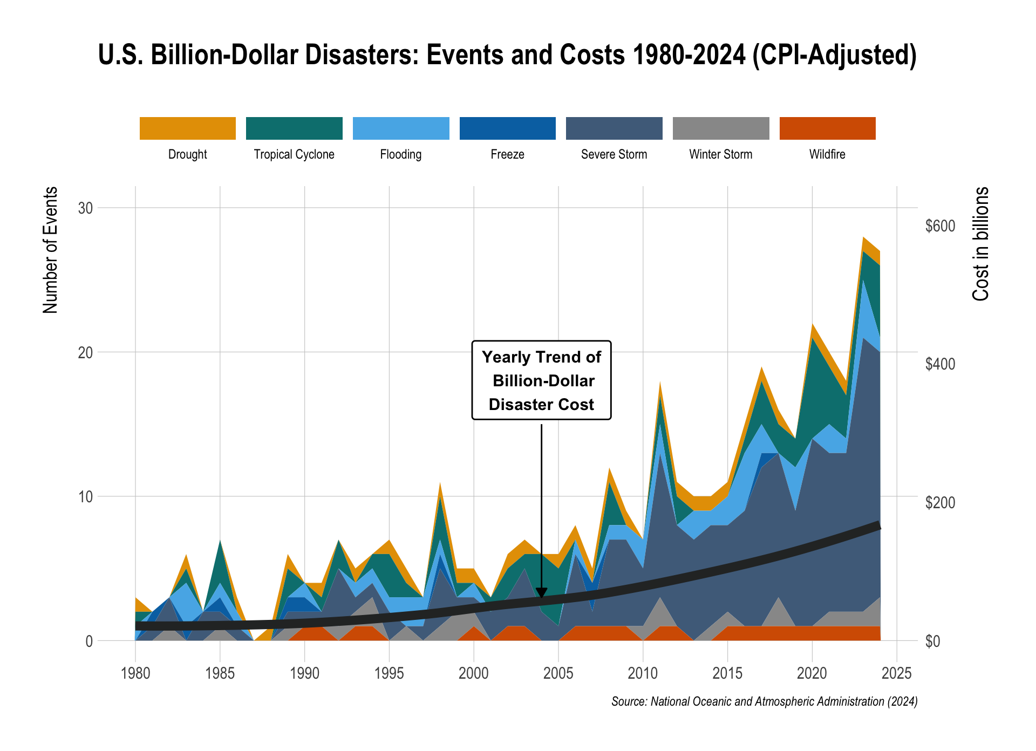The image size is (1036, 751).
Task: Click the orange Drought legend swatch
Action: pos(187,128)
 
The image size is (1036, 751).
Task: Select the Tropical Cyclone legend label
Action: pos(294,155)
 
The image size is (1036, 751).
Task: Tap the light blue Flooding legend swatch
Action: pos(400,128)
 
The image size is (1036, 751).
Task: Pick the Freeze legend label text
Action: pos(507,155)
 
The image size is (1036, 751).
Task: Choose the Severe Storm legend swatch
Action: pos(614,128)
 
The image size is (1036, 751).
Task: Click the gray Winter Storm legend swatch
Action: pos(721,128)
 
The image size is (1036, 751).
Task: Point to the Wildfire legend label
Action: pos(827,155)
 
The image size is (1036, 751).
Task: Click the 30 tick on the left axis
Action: pos(85,208)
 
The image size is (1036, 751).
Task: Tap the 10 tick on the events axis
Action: pos(85,497)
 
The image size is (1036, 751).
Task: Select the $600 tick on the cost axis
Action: pos(940,226)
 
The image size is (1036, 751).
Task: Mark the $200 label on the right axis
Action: pos(940,503)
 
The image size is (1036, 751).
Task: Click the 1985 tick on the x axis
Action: pos(220,673)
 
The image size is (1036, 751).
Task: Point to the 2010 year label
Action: pos(643,673)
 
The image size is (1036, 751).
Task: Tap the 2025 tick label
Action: pos(897,673)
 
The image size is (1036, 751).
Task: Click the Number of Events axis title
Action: pos(50,250)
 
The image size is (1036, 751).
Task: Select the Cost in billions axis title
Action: pos(980,244)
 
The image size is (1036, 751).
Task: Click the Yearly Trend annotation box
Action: pos(541,380)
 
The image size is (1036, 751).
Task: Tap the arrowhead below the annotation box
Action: pos(541,592)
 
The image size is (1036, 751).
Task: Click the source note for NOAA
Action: pos(764,702)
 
